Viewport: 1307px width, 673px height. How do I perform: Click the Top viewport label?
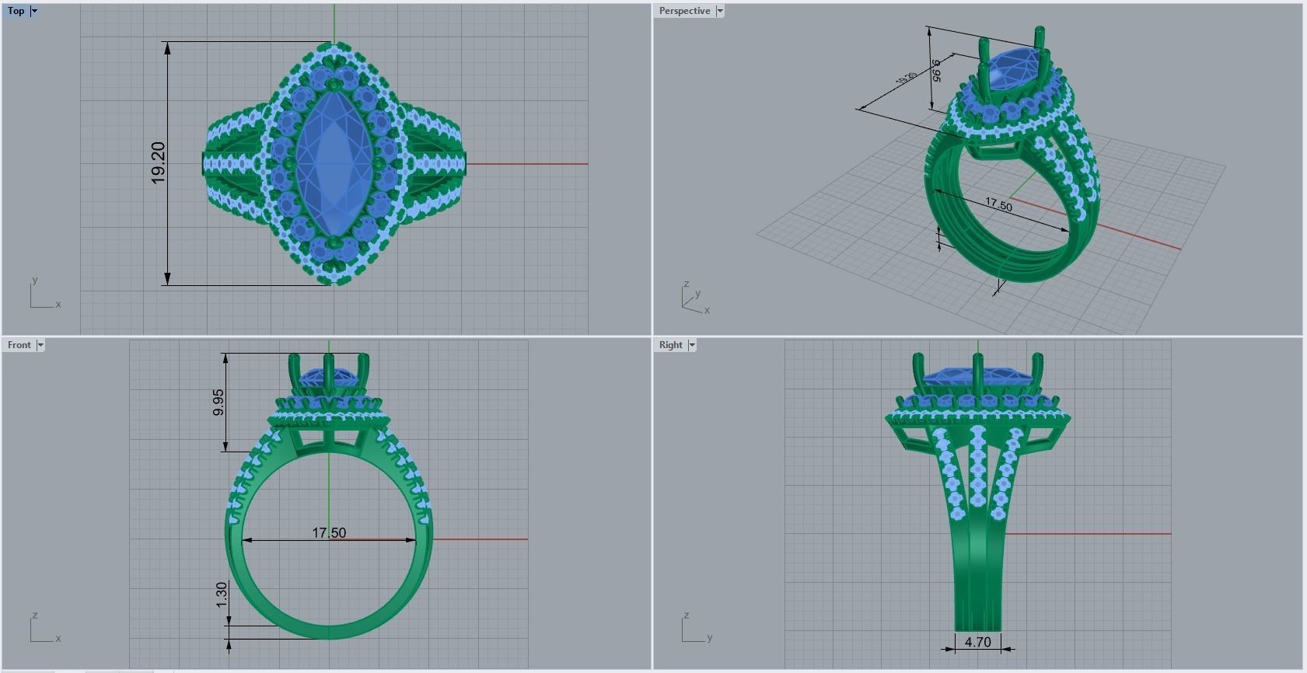[16, 11]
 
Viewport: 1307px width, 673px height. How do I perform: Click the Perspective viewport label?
[684, 11]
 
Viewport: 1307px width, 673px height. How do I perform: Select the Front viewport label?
[19, 345]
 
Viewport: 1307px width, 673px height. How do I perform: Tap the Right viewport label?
[670, 345]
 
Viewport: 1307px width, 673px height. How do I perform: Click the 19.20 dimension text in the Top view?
[159, 163]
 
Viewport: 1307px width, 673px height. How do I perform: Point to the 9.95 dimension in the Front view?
[218, 402]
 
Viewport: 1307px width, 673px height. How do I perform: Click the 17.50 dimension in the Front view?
[329, 532]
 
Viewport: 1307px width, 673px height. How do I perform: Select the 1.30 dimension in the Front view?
[222, 595]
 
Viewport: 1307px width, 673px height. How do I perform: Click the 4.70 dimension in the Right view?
[977, 642]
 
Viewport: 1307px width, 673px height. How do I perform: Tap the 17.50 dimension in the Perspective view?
[998, 204]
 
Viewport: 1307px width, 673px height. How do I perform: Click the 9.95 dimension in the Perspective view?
[937, 70]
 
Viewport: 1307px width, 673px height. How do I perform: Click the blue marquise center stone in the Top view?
[333, 163]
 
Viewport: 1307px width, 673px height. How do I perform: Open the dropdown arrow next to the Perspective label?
[720, 11]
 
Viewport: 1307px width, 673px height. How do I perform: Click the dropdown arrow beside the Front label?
[40, 345]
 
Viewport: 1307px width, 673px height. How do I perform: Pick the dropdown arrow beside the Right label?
[692, 345]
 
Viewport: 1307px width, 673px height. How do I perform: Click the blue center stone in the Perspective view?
[1010, 62]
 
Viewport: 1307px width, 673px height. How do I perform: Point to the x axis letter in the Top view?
[58, 305]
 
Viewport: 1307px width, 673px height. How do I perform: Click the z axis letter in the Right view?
[686, 615]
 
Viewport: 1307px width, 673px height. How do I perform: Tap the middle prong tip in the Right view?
[977, 357]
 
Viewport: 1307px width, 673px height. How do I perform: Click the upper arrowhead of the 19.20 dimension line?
[167, 47]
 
